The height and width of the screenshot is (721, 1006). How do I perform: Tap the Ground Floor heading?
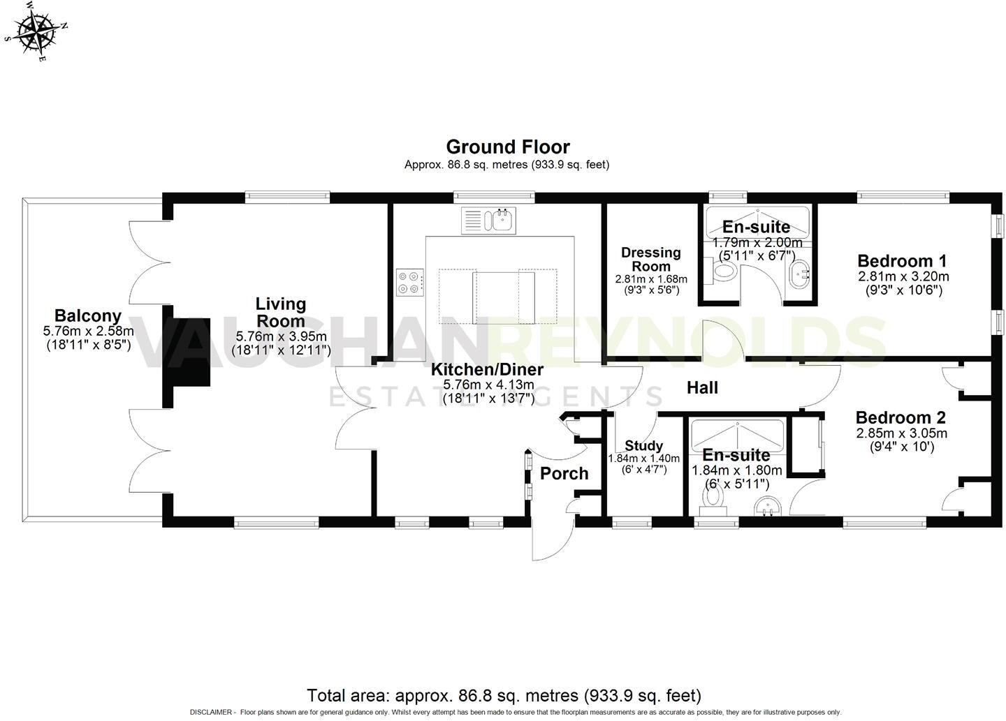point(507,147)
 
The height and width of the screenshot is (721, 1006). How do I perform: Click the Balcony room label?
point(88,316)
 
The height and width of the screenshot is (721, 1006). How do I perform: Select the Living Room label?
point(280,312)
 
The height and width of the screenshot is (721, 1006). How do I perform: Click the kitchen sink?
point(487,221)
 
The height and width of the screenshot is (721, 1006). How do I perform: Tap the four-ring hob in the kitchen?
point(409,283)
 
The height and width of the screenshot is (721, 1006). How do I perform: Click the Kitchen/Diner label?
point(487,370)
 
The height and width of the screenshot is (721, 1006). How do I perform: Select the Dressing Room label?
point(651,259)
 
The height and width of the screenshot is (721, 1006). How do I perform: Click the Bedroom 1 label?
point(902,261)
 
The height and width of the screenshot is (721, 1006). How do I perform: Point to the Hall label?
point(702,387)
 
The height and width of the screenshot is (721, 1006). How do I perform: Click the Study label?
point(643,446)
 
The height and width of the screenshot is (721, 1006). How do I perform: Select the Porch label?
point(564,474)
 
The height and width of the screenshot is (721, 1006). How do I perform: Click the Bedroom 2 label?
point(901,417)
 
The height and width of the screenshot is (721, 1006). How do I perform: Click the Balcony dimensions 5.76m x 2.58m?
point(88,331)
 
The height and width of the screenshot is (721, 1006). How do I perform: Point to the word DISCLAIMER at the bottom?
point(212,713)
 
